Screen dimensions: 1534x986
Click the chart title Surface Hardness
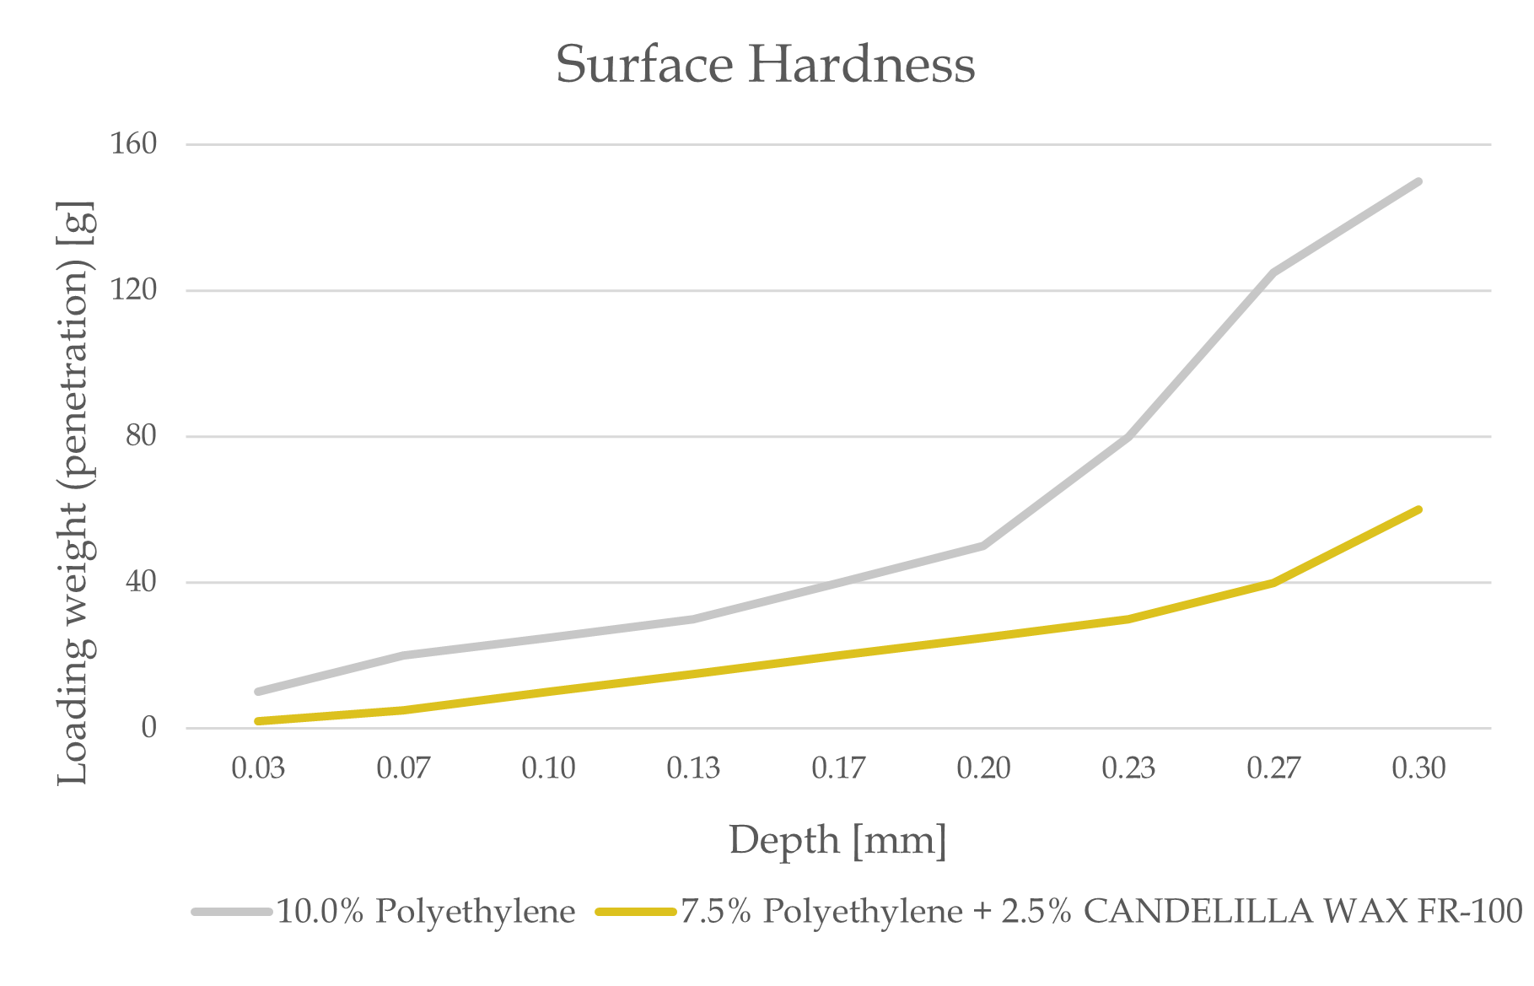pyautogui.click(x=765, y=64)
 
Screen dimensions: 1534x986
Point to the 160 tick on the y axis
pyautogui.click(x=134, y=143)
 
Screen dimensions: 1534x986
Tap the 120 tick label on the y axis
pyautogui.click(x=134, y=290)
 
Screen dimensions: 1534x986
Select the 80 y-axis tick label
pyautogui.click(x=142, y=436)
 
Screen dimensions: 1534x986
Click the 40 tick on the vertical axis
pyautogui.click(x=142, y=582)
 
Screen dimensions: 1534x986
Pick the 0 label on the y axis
pyautogui.click(x=149, y=727)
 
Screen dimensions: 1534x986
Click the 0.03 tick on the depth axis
pyautogui.click(x=258, y=768)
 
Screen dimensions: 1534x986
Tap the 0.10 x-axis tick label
pyautogui.click(x=548, y=768)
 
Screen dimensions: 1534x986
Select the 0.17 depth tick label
pyautogui.click(x=838, y=768)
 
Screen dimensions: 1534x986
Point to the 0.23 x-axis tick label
pyautogui.click(x=1128, y=768)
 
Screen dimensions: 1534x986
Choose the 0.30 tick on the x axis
pyautogui.click(x=1418, y=768)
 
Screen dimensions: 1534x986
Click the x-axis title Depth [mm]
pyautogui.click(x=837, y=841)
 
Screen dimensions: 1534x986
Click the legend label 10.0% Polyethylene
pyautogui.click(x=426, y=911)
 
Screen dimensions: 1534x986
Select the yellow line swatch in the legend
pyautogui.click(x=636, y=912)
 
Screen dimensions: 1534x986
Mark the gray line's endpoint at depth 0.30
pyautogui.click(x=1418, y=181)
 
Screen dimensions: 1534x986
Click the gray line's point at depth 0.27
pyautogui.click(x=1273, y=272)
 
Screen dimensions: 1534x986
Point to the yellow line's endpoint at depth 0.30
pyautogui.click(x=1418, y=509)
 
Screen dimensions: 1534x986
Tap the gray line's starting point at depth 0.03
pyautogui.click(x=258, y=692)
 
